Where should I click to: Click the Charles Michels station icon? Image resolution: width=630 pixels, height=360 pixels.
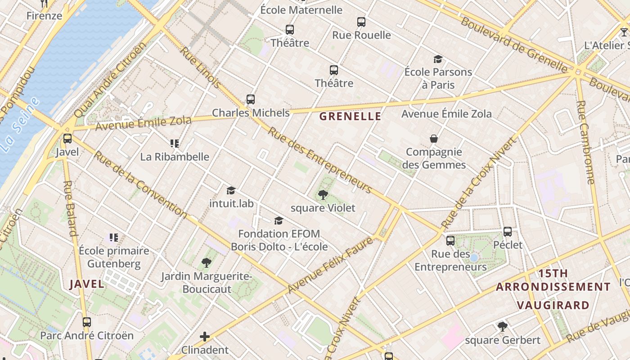click(x=251, y=99)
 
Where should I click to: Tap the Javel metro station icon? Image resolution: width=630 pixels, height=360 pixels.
click(x=67, y=139)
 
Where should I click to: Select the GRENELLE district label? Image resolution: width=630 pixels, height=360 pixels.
click(x=350, y=117)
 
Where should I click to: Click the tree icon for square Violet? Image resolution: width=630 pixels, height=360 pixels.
click(x=323, y=195)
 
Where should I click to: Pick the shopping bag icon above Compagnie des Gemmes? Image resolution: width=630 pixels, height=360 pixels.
click(x=434, y=139)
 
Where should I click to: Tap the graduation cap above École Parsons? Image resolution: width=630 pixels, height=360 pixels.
click(x=438, y=59)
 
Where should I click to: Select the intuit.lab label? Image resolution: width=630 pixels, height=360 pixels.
click(x=231, y=203)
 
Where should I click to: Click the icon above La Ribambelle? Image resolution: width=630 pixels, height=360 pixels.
click(x=175, y=144)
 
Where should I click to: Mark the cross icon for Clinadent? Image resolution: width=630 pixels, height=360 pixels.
click(x=205, y=337)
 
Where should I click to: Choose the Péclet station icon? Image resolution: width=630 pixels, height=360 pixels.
click(x=508, y=232)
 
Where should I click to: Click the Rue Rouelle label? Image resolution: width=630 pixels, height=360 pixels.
click(x=361, y=35)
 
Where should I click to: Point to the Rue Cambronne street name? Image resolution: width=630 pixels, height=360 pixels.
click(x=585, y=142)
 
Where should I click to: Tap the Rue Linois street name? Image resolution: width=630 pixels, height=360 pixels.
click(x=201, y=67)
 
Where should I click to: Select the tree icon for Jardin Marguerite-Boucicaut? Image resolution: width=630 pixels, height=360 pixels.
click(x=207, y=262)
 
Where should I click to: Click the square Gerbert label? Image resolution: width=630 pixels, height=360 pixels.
click(x=502, y=340)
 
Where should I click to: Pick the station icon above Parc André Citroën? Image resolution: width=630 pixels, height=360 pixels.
click(x=87, y=322)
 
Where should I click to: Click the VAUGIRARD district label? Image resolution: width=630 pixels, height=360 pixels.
click(x=553, y=305)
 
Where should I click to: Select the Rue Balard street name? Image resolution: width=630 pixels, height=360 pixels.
click(x=71, y=208)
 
